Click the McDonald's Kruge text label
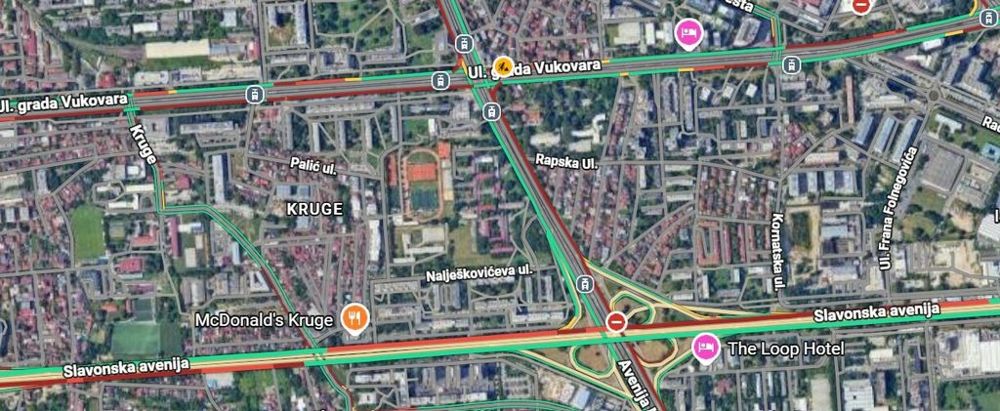pos(264,319)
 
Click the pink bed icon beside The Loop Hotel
pos(703,347)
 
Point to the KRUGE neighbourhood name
pos(314,209)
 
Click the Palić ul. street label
pos(312,167)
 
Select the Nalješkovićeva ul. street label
pos(478,273)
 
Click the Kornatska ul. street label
pos(778,252)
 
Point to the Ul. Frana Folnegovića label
pos(896,208)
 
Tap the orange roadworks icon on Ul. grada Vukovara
pos(504,66)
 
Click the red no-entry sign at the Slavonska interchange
pos(616,321)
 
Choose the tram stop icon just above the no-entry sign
pos(585,284)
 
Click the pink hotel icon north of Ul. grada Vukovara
pos(687,32)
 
